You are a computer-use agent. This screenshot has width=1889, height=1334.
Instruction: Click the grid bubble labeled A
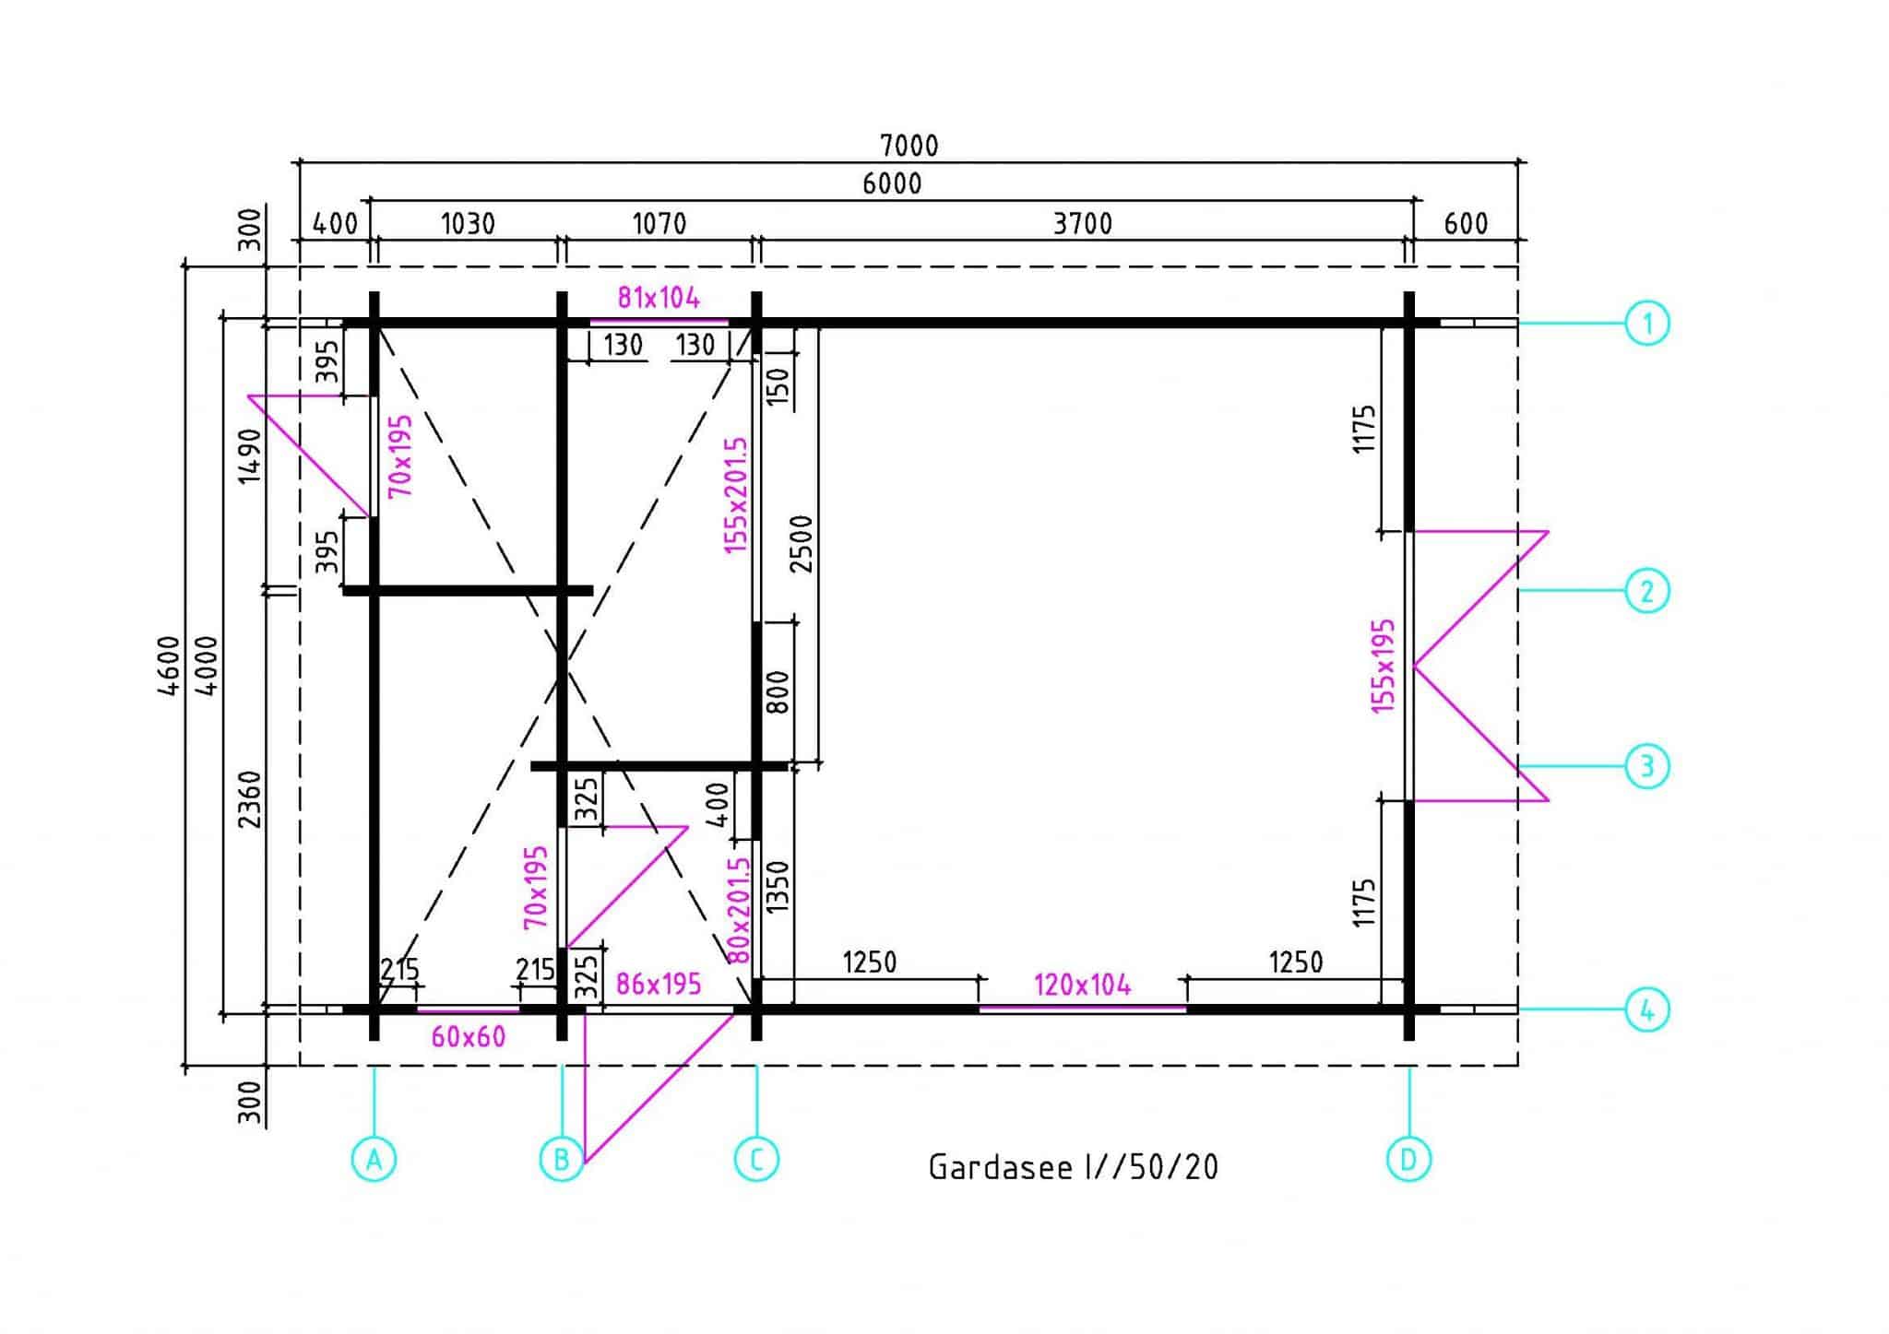click(x=374, y=1159)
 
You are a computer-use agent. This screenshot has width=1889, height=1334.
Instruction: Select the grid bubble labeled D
click(x=1408, y=1159)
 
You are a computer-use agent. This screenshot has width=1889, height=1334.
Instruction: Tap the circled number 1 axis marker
click(x=1647, y=324)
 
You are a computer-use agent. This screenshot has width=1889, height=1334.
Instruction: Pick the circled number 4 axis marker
click(x=1647, y=1010)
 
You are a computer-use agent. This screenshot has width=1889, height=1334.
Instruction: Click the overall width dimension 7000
click(x=909, y=146)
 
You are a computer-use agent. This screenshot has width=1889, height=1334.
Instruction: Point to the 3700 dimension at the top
click(x=1083, y=224)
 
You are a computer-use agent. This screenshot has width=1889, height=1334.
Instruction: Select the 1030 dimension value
click(x=468, y=224)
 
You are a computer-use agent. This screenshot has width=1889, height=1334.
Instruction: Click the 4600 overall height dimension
click(x=169, y=666)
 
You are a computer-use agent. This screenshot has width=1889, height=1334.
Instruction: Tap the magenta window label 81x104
click(x=659, y=298)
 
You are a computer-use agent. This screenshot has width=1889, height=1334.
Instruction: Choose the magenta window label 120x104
click(x=1082, y=986)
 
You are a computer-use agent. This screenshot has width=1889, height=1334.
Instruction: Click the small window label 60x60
click(x=469, y=1037)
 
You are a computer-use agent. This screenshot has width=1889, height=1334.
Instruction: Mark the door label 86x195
click(x=659, y=985)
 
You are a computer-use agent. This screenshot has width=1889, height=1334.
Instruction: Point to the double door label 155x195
click(x=1384, y=666)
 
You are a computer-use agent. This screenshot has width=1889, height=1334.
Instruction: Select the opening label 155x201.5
click(x=735, y=495)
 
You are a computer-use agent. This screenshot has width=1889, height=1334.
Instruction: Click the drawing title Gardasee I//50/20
click(x=1073, y=1167)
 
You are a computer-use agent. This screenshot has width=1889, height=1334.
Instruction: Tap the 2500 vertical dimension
click(x=802, y=544)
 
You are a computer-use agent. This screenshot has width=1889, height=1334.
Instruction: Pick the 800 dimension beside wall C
click(x=778, y=691)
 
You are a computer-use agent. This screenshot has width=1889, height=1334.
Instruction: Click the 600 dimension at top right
click(x=1466, y=224)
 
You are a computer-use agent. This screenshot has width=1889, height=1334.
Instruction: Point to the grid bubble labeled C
click(x=756, y=1159)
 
